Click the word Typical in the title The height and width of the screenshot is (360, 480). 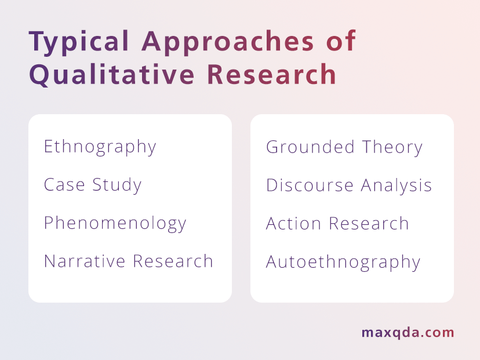79,42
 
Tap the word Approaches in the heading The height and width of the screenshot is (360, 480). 227,42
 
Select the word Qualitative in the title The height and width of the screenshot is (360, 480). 112,74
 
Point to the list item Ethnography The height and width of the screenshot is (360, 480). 100,147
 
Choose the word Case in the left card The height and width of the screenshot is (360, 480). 64,185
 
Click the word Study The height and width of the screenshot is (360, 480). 117,186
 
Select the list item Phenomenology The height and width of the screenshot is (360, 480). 115,223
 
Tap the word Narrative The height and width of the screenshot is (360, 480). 85,261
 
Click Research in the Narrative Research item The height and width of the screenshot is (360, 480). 173,261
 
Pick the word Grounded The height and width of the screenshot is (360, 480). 310,147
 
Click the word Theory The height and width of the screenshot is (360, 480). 392,148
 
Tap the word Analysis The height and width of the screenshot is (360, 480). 396,186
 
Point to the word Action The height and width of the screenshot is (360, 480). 293,223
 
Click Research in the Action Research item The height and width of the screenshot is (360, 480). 369,223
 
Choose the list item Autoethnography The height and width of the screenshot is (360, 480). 343,263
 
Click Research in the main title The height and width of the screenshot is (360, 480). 272,74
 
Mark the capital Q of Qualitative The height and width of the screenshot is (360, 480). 39,75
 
